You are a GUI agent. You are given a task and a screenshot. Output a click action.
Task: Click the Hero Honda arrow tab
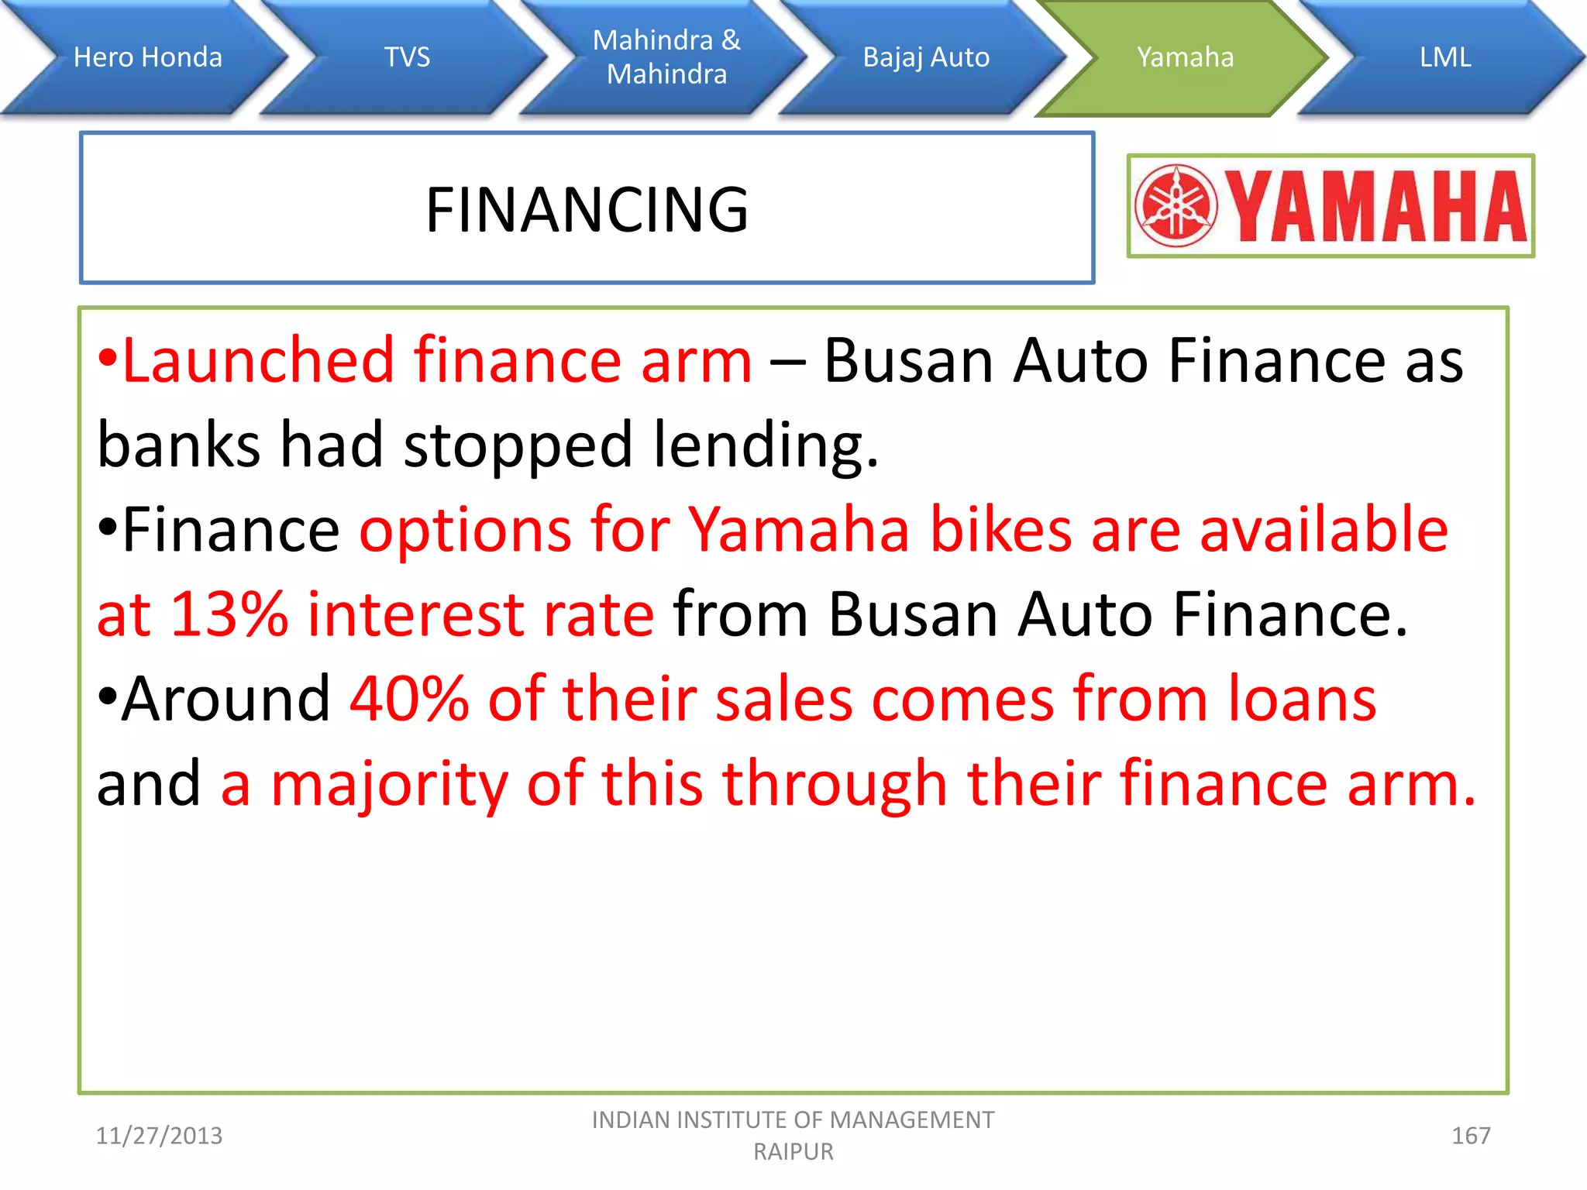147,57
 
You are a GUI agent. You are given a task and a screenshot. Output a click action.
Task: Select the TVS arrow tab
407,57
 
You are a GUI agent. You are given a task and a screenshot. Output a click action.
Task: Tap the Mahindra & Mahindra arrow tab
666,57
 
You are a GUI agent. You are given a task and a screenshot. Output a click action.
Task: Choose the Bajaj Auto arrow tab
926,57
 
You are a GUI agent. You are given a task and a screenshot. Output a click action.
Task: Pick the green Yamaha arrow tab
1185,57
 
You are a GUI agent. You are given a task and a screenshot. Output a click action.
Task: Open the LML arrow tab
1445,57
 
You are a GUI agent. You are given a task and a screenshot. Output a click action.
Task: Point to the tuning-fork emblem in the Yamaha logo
1176,206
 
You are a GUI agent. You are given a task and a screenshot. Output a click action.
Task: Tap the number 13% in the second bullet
229,614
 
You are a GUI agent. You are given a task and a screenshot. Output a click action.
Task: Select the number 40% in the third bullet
409,699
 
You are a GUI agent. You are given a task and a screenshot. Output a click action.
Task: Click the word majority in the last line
389,784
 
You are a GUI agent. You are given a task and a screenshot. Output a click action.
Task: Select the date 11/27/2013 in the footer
159,1136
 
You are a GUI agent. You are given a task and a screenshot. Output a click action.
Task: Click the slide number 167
1470,1136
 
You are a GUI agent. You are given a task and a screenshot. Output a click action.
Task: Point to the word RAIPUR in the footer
793,1152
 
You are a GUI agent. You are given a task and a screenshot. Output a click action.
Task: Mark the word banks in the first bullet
179,445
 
